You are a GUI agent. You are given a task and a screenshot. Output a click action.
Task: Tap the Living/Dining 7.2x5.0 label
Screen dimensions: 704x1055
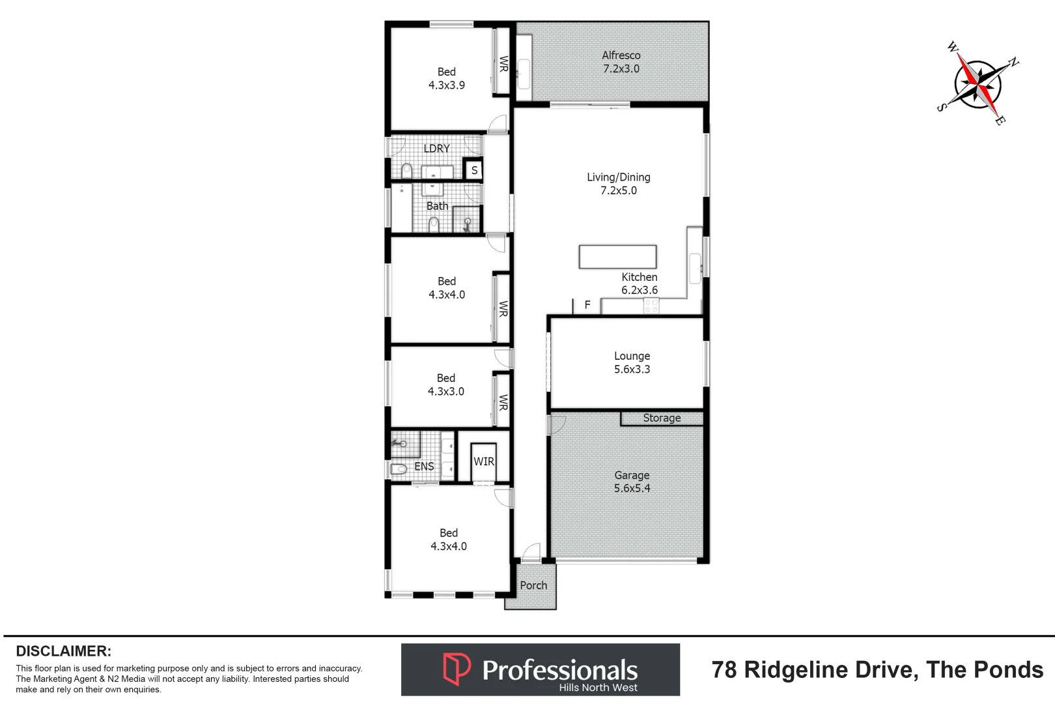pos(618,184)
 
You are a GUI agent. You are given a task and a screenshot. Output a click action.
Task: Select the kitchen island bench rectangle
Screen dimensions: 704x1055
pos(617,256)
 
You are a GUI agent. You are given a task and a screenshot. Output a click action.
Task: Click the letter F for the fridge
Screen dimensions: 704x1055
pos(587,304)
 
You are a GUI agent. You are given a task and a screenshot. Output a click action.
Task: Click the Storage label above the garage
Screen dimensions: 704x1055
pos(662,418)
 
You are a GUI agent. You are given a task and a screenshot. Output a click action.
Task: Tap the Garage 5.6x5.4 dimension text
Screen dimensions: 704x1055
pos(632,488)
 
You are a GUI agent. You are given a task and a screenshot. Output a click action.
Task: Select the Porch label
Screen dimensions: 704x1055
pos(533,585)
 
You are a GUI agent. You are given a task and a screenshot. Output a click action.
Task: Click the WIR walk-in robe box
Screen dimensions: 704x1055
pos(484,462)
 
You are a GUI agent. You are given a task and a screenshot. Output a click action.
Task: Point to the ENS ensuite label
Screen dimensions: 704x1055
pos(424,466)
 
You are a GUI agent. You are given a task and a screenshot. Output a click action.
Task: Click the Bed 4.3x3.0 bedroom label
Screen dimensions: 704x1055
pos(446,385)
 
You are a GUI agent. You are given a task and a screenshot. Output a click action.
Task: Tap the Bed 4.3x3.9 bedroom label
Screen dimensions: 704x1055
pos(447,78)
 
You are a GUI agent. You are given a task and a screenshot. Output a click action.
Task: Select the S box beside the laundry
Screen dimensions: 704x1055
pos(474,170)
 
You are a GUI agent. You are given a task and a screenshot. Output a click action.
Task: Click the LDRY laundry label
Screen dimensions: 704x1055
pos(436,149)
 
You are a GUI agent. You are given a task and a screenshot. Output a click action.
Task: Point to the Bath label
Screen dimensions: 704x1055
pos(437,206)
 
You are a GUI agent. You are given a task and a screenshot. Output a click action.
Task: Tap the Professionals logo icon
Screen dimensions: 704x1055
pos(457,669)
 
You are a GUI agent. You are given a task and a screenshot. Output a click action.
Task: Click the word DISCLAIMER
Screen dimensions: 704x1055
pos(63,651)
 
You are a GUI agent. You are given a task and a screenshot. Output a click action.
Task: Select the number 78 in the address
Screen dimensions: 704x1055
pos(724,669)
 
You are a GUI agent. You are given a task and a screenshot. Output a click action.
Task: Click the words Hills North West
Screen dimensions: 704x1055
pos(598,688)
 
